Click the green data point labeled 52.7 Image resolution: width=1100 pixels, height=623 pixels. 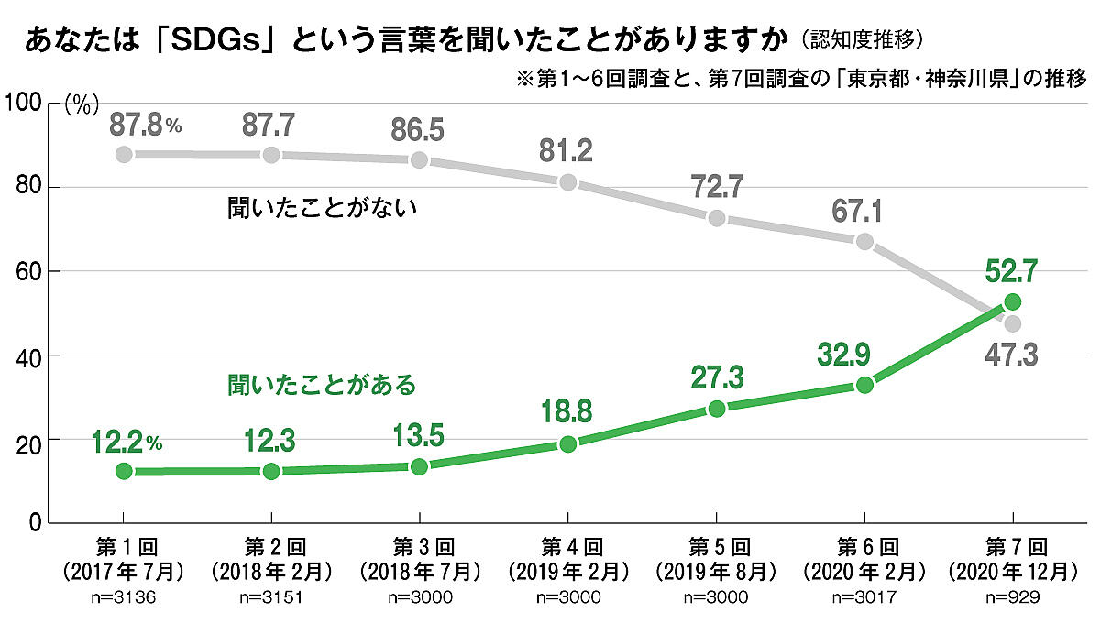pos(1013,301)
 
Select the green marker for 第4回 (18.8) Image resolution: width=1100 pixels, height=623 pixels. pos(568,444)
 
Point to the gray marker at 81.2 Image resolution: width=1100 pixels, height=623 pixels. pos(568,181)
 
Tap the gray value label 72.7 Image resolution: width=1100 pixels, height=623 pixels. pos(717,187)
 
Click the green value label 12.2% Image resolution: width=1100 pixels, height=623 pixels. pos(126,443)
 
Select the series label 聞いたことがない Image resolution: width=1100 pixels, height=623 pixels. pos(323,208)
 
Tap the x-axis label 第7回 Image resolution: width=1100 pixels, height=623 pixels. pos(1013,547)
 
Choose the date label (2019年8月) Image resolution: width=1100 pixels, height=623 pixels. pos(717,571)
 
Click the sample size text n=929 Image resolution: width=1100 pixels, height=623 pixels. pos(1013,597)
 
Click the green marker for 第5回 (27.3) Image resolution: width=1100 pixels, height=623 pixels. pos(717,408)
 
